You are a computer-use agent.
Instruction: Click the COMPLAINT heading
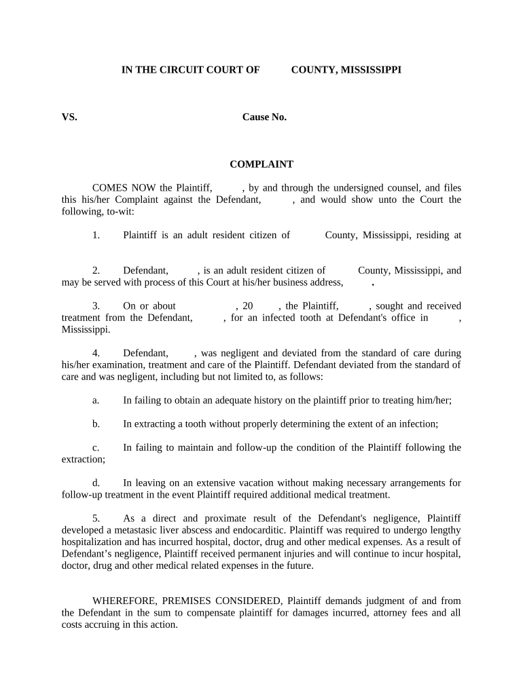(261, 164)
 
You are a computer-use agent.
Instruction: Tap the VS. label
(69, 117)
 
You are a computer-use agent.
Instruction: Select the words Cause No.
(264, 117)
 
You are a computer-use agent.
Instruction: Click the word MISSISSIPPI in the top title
(370, 70)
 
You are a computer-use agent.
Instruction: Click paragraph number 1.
(96, 236)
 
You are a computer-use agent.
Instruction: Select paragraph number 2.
(96, 271)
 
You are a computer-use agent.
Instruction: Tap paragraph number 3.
(96, 306)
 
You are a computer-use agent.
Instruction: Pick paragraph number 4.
(96, 354)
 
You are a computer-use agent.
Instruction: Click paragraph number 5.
(96, 519)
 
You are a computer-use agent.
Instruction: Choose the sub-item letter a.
(96, 400)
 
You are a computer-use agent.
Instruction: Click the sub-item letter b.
(96, 424)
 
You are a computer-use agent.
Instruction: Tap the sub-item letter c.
(96, 448)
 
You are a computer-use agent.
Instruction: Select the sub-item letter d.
(96, 483)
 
